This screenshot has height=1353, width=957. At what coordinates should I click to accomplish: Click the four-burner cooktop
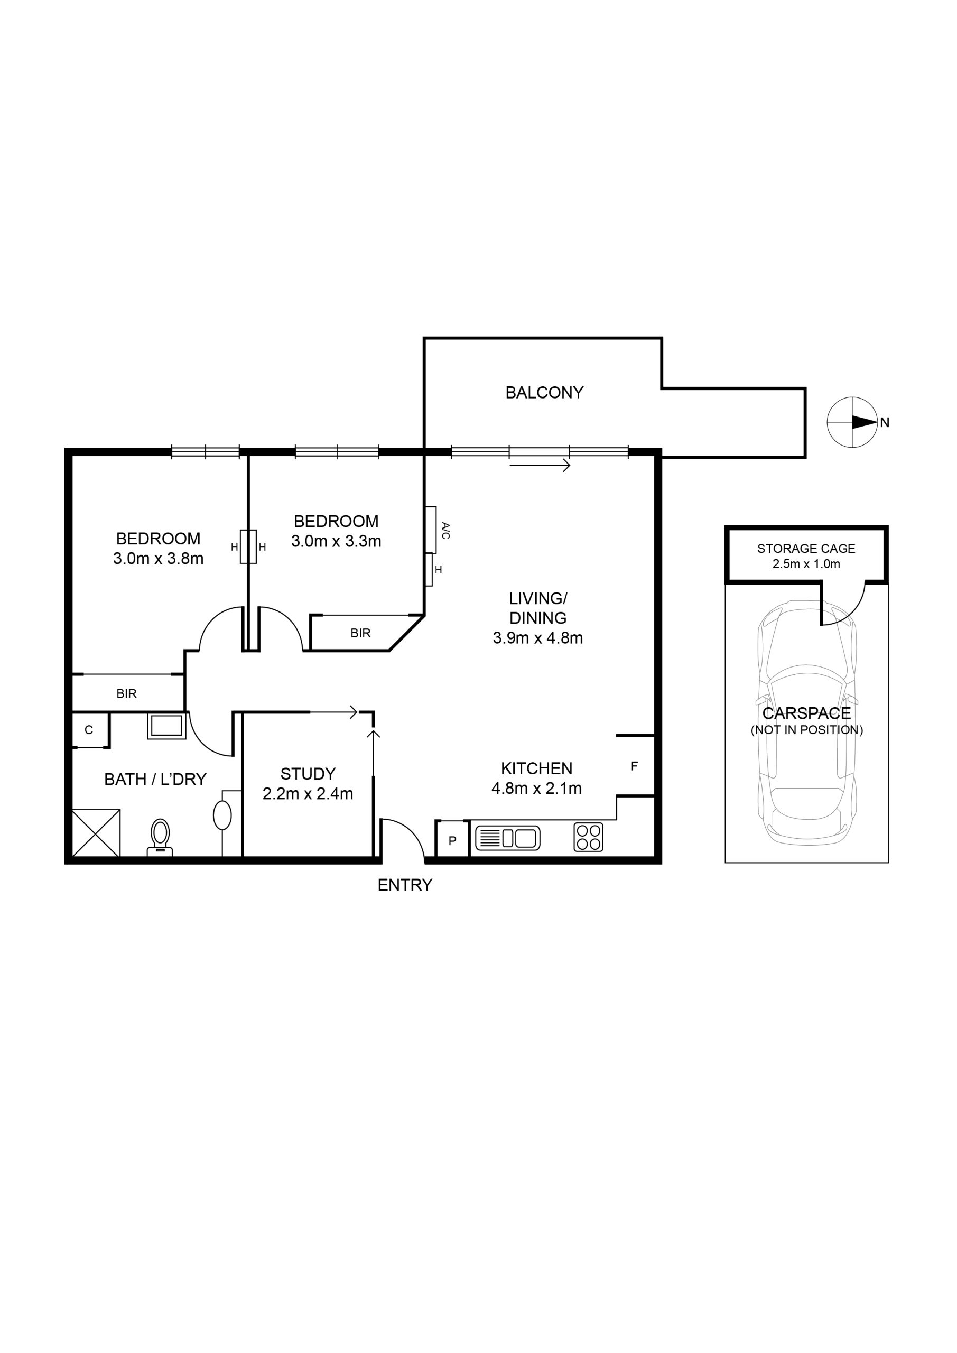[588, 837]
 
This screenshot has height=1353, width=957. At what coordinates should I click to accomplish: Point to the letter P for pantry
[452, 841]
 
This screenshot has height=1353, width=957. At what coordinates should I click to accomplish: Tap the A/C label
[445, 530]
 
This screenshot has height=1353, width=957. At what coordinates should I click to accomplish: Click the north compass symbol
[852, 422]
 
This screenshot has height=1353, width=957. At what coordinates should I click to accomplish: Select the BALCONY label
[544, 393]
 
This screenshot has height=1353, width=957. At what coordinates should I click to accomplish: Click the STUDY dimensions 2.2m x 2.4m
[308, 794]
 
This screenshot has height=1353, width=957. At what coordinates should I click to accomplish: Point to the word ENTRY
[405, 885]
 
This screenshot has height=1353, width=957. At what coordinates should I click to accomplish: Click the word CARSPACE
[807, 713]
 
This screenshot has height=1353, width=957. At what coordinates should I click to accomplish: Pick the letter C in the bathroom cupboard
[89, 730]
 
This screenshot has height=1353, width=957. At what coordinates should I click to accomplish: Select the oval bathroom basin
[222, 815]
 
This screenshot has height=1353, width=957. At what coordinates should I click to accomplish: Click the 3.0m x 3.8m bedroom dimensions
[158, 559]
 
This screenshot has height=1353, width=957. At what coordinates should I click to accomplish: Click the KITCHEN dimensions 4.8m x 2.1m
[536, 789]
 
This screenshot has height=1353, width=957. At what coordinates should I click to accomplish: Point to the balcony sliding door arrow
[540, 466]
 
